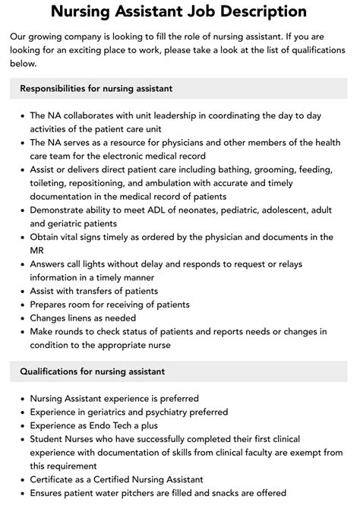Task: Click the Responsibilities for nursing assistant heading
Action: pyautogui.click(x=96, y=89)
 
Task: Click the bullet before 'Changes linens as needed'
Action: pyautogui.click(x=21, y=318)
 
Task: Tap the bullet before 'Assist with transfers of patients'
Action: pyautogui.click(x=21, y=290)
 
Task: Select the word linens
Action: pyautogui.click(x=90, y=318)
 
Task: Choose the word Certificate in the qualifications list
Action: pyautogui.click(x=55, y=479)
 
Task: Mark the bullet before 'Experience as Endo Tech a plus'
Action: pyautogui.click(x=21, y=425)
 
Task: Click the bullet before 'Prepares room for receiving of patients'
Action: pyautogui.click(x=21, y=304)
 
